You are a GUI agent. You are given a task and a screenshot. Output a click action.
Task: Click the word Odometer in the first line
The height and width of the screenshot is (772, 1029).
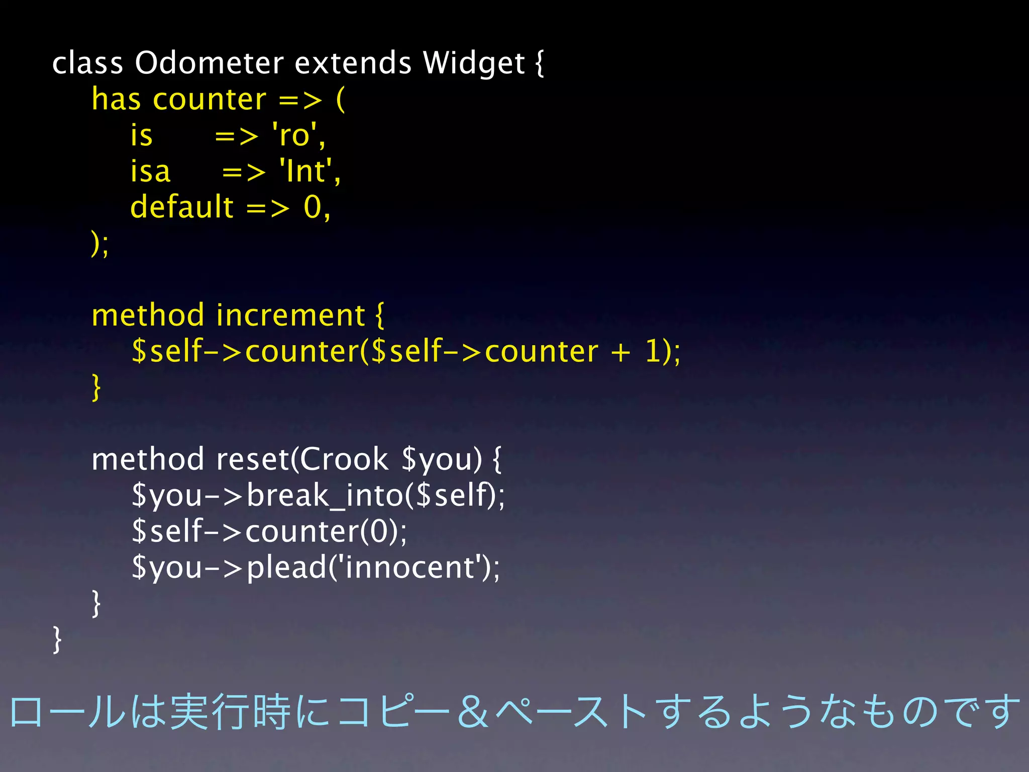tap(209, 63)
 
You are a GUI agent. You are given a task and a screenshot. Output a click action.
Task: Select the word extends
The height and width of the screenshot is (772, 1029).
tap(353, 63)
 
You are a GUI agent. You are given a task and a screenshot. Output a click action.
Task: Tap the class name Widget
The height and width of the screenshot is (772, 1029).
tap(473, 64)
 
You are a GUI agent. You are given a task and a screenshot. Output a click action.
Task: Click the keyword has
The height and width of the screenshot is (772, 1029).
tap(116, 99)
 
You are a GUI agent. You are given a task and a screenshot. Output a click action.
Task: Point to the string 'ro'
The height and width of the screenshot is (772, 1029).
tap(298, 135)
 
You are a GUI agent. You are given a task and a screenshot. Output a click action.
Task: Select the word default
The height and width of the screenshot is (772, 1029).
tap(182, 207)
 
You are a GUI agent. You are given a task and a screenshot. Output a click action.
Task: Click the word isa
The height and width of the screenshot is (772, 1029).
tap(150, 171)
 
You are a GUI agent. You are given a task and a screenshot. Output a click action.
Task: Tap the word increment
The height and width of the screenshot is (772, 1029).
tap(290, 316)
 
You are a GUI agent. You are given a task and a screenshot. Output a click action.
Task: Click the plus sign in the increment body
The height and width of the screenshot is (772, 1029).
tap(621, 351)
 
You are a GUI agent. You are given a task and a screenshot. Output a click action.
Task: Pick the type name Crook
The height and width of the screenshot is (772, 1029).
tap(344, 459)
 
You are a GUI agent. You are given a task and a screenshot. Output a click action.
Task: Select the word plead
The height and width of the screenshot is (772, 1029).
tap(287, 567)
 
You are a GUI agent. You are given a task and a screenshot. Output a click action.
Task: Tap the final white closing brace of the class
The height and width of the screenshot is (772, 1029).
tap(57, 639)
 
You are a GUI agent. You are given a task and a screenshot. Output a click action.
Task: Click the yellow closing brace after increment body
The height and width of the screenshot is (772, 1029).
tap(96, 387)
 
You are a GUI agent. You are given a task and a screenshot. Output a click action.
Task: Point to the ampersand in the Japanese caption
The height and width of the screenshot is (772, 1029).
tap(473, 712)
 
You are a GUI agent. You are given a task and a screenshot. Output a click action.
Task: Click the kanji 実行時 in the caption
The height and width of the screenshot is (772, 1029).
tap(230, 712)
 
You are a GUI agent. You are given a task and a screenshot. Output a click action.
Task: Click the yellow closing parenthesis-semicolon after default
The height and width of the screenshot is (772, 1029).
tap(99, 244)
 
